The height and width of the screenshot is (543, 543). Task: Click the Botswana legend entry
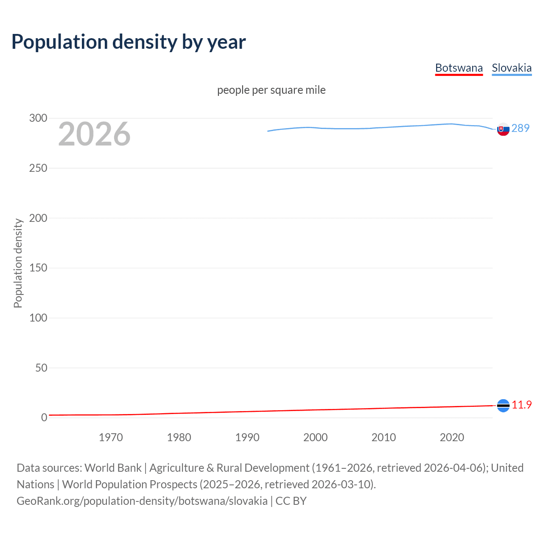click(459, 68)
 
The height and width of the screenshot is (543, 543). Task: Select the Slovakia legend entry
click(511, 68)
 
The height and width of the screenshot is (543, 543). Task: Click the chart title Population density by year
click(129, 42)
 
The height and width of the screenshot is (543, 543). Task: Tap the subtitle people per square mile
click(271, 90)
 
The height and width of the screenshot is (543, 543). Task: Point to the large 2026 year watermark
click(94, 134)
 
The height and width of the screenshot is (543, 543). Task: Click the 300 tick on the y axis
click(38, 118)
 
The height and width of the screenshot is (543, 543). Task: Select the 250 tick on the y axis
click(38, 168)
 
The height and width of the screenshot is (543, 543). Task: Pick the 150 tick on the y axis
click(38, 268)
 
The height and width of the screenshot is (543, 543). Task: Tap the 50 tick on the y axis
click(41, 368)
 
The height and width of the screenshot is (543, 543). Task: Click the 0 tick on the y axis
click(44, 417)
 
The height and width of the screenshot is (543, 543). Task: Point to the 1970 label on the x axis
click(111, 437)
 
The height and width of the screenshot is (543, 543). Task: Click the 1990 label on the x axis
click(247, 437)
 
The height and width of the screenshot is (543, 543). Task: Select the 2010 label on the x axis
click(383, 437)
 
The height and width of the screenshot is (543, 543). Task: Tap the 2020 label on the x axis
click(452, 437)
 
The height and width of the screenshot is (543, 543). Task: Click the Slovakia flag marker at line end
click(503, 129)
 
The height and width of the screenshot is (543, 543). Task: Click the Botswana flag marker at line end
click(503, 406)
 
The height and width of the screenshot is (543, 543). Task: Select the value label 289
click(521, 128)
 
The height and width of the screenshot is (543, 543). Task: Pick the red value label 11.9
click(521, 405)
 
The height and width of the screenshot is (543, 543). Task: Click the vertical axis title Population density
click(18, 263)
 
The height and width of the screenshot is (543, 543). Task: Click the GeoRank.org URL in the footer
click(142, 501)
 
